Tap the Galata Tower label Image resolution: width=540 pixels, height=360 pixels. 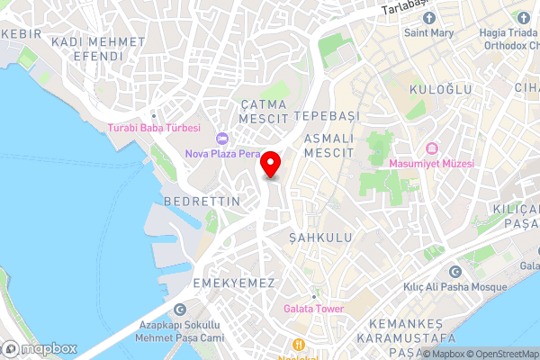click(x=313, y=309)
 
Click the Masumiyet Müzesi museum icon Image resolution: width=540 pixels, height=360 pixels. click(x=432, y=148)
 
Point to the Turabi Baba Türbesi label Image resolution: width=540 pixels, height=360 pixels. click(x=153, y=129)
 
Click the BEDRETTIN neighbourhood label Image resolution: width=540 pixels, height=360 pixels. click(x=202, y=202)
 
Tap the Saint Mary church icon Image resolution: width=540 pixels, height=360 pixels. click(x=428, y=18)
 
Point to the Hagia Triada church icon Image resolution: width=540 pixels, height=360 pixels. click(x=522, y=17)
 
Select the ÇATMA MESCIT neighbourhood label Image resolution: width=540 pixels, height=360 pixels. click(x=265, y=112)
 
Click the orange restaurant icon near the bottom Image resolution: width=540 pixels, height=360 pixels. click(x=297, y=343)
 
